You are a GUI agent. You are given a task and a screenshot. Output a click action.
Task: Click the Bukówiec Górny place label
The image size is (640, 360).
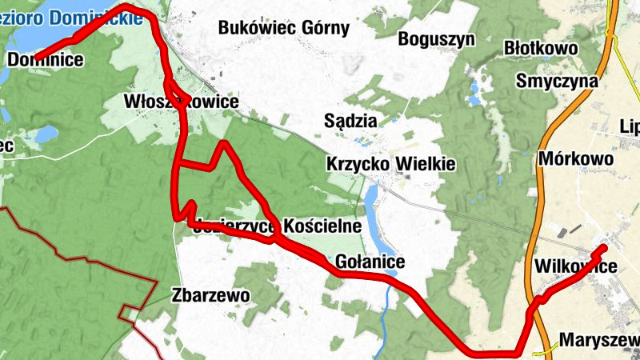click(284, 29)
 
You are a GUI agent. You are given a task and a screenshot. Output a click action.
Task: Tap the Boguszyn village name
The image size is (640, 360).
click(436, 38)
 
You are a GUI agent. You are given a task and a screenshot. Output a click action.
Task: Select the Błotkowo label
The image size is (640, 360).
click(541, 50)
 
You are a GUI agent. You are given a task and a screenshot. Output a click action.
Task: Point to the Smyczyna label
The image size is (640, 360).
click(558, 81)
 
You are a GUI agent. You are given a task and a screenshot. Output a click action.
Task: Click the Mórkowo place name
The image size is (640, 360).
click(576, 158)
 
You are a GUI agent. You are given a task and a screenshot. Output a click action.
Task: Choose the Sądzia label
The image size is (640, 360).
click(350, 121)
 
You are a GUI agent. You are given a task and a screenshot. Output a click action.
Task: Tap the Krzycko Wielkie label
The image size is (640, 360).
click(390, 164)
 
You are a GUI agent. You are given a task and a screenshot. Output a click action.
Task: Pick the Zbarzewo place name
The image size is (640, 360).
click(210, 295)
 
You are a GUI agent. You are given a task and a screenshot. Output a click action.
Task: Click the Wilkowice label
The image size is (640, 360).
click(574, 266)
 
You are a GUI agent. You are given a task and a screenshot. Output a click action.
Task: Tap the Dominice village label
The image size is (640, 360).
click(46, 59)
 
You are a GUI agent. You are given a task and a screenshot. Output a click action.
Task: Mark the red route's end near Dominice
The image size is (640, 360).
click(37, 56)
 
